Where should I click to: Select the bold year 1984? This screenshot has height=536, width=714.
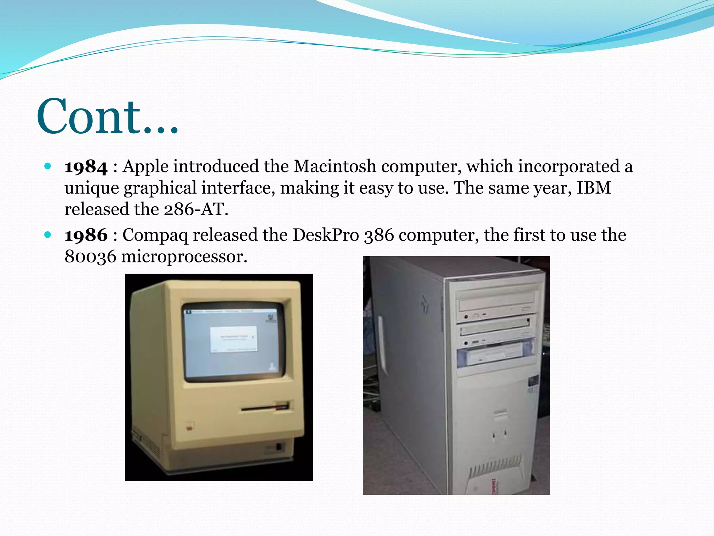(86, 167)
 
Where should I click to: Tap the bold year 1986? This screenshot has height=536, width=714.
(86, 235)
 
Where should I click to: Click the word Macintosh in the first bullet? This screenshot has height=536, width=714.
(335, 166)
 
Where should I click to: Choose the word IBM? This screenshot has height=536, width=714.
(593, 188)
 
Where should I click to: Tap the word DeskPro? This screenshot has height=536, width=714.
(326, 235)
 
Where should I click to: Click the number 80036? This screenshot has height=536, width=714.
(90, 256)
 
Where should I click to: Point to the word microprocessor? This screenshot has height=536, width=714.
(184, 257)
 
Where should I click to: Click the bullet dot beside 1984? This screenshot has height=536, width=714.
(48, 166)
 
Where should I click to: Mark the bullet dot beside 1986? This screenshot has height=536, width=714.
(48, 234)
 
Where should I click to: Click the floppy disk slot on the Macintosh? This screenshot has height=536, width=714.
(265, 407)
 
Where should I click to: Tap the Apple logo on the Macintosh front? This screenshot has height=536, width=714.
(189, 426)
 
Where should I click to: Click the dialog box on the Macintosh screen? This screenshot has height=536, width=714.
(234, 338)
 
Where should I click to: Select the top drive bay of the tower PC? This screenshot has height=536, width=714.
(496, 301)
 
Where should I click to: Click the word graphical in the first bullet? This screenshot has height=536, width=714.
(160, 188)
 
